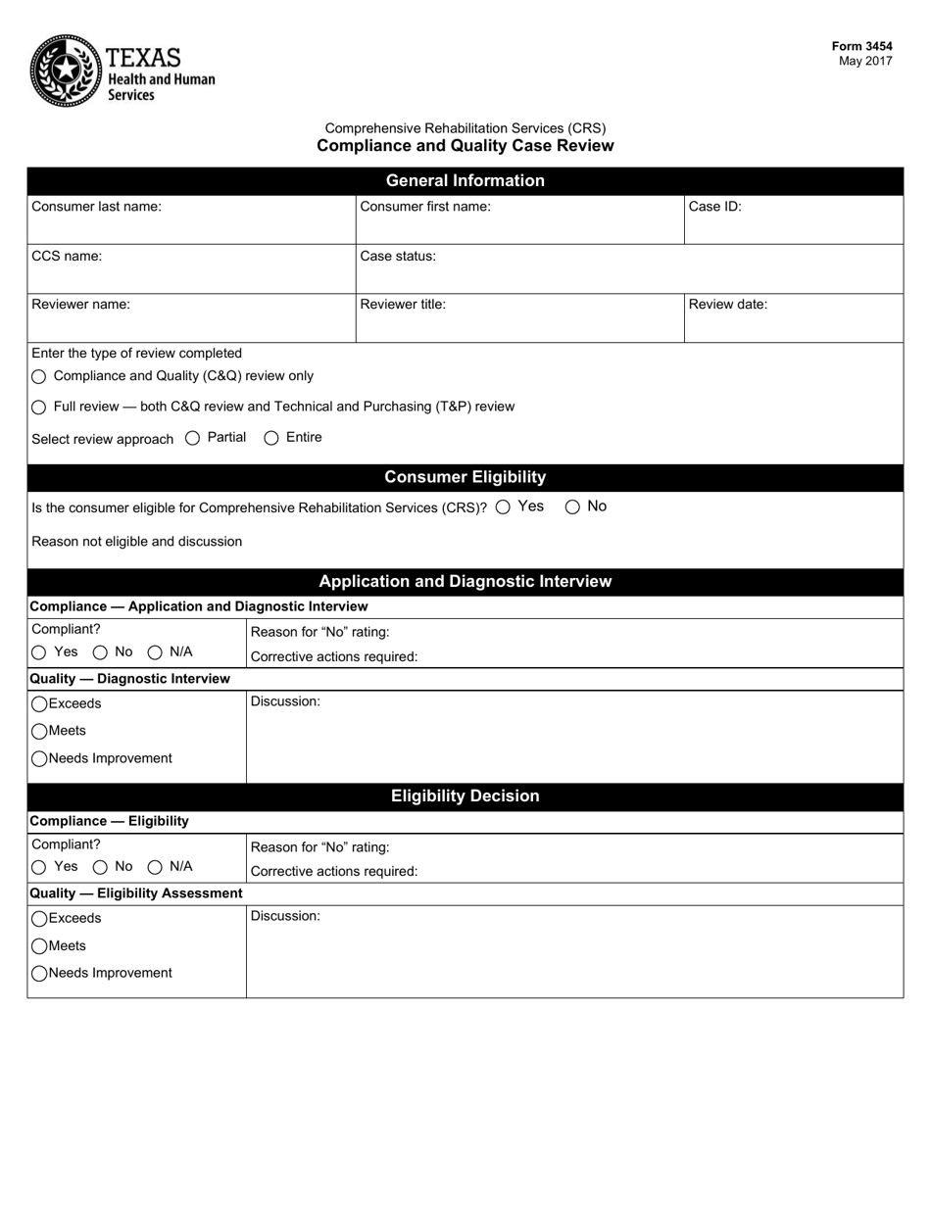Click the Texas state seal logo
point(65,70)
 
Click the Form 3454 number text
point(861,46)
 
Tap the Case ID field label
point(714,206)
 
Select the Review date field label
point(727,304)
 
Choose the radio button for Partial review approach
point(192,438)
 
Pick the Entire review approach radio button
point(271,438)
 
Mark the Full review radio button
point(39,407)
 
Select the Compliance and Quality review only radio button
point(39,376)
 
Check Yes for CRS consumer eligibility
point(503,506)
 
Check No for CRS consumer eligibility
point(572,506)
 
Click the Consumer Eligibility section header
point(465,477)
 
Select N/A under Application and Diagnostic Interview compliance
point(155,652)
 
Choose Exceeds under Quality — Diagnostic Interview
point(39,704)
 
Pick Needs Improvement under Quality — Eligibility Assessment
point(39,974)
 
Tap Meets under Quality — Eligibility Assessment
point(39,946)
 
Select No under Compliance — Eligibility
point(100,867)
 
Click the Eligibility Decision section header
point(465,795)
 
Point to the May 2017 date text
point(864,61)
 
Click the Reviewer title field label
point(403,304)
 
